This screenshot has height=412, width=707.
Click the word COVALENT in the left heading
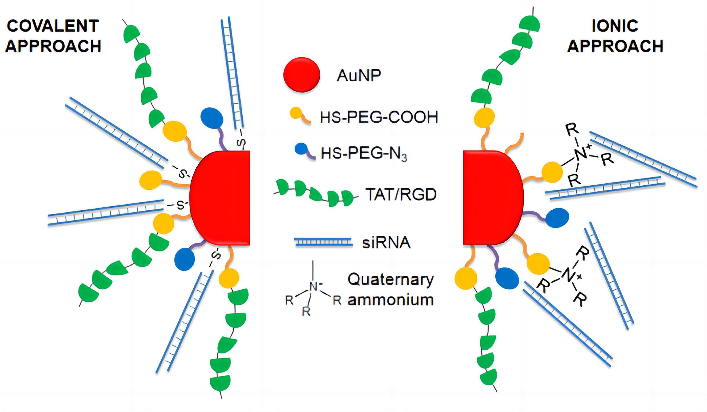click(53, 26)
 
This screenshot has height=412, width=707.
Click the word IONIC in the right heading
click(615, 26)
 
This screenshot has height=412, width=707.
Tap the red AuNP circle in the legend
click(301, 75)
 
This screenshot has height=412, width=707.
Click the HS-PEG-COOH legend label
click(379, 117)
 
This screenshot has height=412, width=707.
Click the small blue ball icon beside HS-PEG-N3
click(301, 149)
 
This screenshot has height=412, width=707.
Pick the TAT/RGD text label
click(401, 195)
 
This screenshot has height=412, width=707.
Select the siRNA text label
click(386, 243)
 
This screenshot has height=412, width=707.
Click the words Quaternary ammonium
click(391, 290)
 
